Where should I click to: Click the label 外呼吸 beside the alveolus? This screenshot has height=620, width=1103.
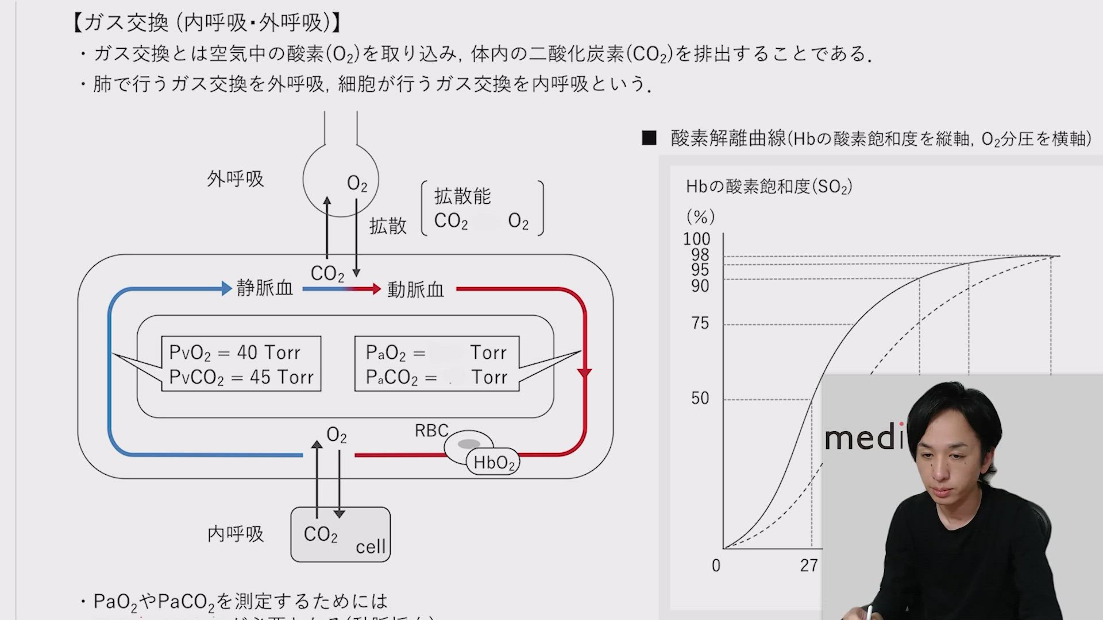point(235,179)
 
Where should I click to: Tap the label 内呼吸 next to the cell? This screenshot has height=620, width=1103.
point(235,534)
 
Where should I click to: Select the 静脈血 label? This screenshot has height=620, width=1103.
point(265,288)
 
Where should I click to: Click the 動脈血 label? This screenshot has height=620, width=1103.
point(415,289)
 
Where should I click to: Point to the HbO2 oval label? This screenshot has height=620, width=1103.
point(493,463)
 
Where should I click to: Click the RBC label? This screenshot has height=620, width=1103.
point(431,431)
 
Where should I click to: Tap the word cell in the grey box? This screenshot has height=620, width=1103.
point(371,547)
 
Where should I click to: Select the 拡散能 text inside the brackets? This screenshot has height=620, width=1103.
point(462,196)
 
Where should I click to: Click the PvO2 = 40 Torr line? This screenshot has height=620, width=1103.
point(234,352)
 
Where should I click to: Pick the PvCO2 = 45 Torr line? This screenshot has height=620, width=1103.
point(241,377)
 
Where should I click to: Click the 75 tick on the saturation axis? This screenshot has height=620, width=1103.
point(700,324)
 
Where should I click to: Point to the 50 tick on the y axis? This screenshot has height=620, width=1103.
point(700,398)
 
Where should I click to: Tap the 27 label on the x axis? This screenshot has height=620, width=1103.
point(809,566)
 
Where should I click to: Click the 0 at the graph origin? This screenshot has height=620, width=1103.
point(716,566)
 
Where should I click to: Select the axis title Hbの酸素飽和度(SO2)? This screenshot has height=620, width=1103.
point(769,187)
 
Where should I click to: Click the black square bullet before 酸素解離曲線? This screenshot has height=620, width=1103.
point(649,138)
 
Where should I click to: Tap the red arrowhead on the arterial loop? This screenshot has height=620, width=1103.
point(584,374)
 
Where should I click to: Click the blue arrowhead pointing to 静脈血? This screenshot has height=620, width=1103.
point(226,288)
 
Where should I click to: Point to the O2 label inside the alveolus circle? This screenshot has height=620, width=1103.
point(357,184)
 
